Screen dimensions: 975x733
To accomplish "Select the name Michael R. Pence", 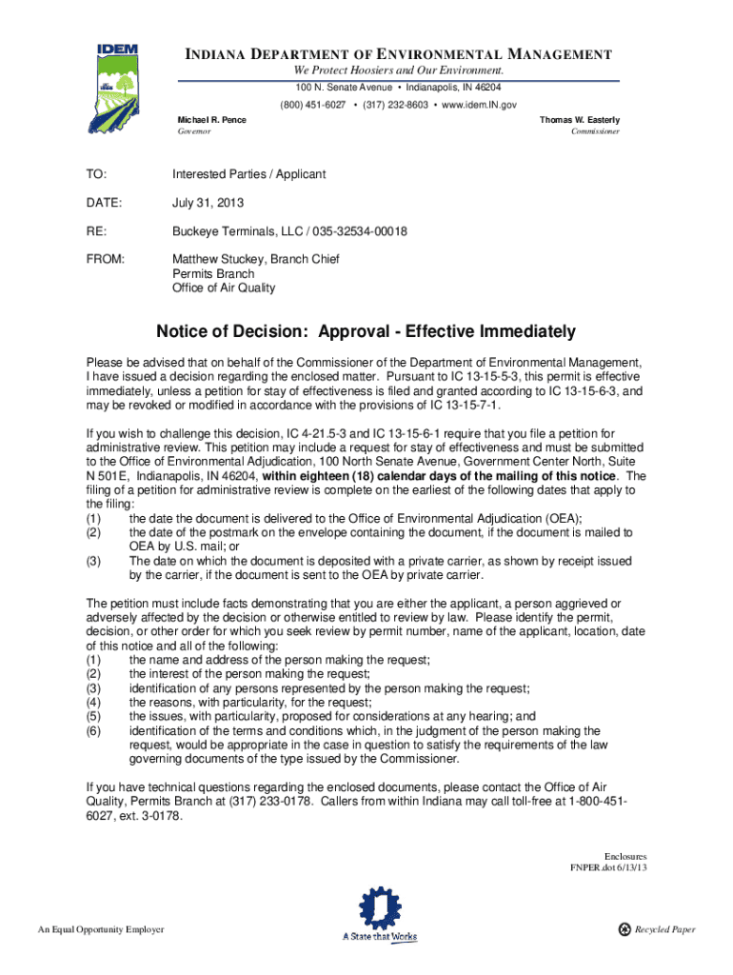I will click(x=212, y=120).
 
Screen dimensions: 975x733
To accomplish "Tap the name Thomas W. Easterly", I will click(x=580, y=120).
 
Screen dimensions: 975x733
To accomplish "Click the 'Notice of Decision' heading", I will click(x=366, y=332).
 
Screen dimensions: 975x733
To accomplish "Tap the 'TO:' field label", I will click(x=97, y=174).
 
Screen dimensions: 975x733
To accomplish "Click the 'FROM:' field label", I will click(x=106, y=259).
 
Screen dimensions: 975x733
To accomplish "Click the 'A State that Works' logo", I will click(x=380, y=917).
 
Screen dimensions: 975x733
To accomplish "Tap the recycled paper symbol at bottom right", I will click(x=624, y=929).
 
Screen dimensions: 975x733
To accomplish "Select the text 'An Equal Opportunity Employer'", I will click(x=101, y=929).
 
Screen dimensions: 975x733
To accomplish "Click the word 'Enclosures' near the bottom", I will click(x=625, y=856).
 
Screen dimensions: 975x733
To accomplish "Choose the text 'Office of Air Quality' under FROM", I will click(x=224, y=288).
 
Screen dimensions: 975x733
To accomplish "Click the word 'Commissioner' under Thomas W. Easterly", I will click(x=595, y=131).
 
